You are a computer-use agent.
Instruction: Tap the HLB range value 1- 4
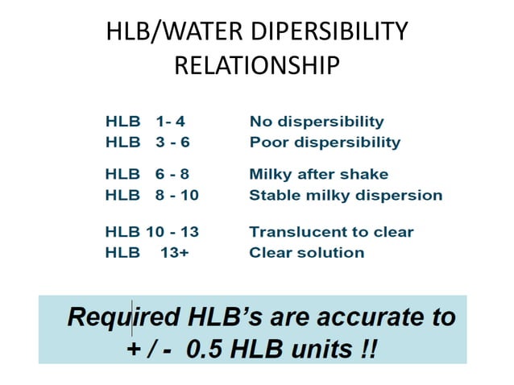[171, 122]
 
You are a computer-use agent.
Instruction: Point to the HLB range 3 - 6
[172, 143]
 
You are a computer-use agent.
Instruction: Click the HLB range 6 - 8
[172, 174]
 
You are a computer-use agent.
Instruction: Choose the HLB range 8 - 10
[176, 195]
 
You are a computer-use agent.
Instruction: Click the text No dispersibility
[317, 122]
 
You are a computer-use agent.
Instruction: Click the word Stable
[272, 195]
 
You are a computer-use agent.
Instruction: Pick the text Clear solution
[306, 252]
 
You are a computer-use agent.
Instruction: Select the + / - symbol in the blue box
[147, 350]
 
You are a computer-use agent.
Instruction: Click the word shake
[366, 174]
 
